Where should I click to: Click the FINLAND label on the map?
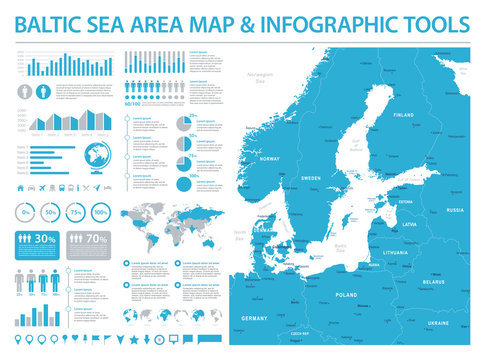coord(403,115)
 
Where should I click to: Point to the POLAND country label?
coord(346,296)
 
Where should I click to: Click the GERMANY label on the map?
coord(257,317)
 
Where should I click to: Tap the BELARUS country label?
coord(433,283)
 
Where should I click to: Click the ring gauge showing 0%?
coord(26,212)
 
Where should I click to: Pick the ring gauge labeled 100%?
coord(101,212)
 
